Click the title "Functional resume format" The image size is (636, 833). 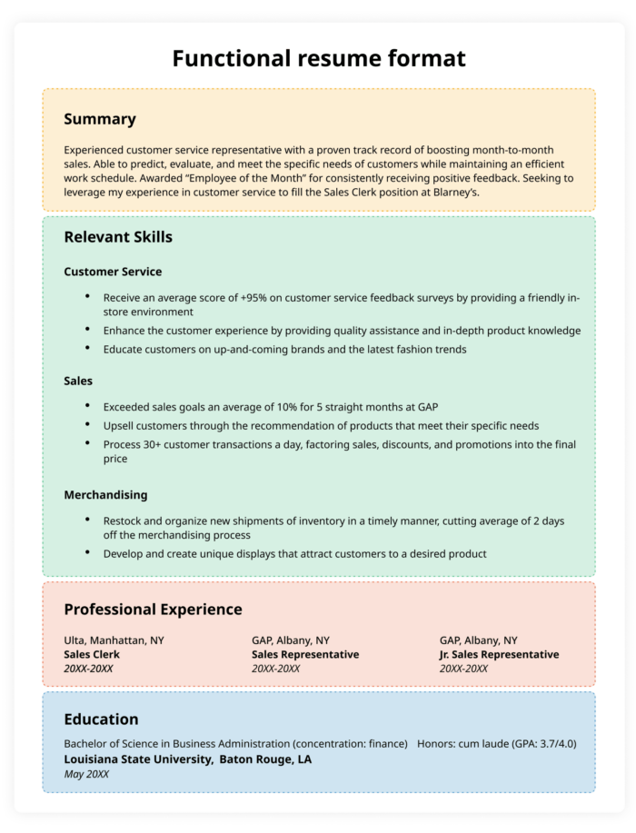[x=318, y=59]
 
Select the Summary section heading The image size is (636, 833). [x=100, y=119]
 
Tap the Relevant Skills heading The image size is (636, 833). [x=118, y=237]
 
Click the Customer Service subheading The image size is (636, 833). [x=113, y=272]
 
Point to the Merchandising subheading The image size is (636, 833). [x=105, y=495]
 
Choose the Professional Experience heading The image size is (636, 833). [x=153, y=610]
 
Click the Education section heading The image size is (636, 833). [x=101, y=719]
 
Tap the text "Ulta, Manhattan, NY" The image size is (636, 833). [x=114, y=640]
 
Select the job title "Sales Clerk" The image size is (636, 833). [x=92, y=654]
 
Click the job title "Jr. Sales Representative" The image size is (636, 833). [x=499, y=654]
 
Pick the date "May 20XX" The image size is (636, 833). [x=86, y=774]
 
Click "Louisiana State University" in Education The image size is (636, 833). [x=137, y=759]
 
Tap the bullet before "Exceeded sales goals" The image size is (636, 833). [x=87, y=406]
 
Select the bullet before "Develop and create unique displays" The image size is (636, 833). [x=87, y=552]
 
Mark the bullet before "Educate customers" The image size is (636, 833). [x=87, y=349]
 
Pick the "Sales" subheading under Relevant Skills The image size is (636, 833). [x=78, y=381]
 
